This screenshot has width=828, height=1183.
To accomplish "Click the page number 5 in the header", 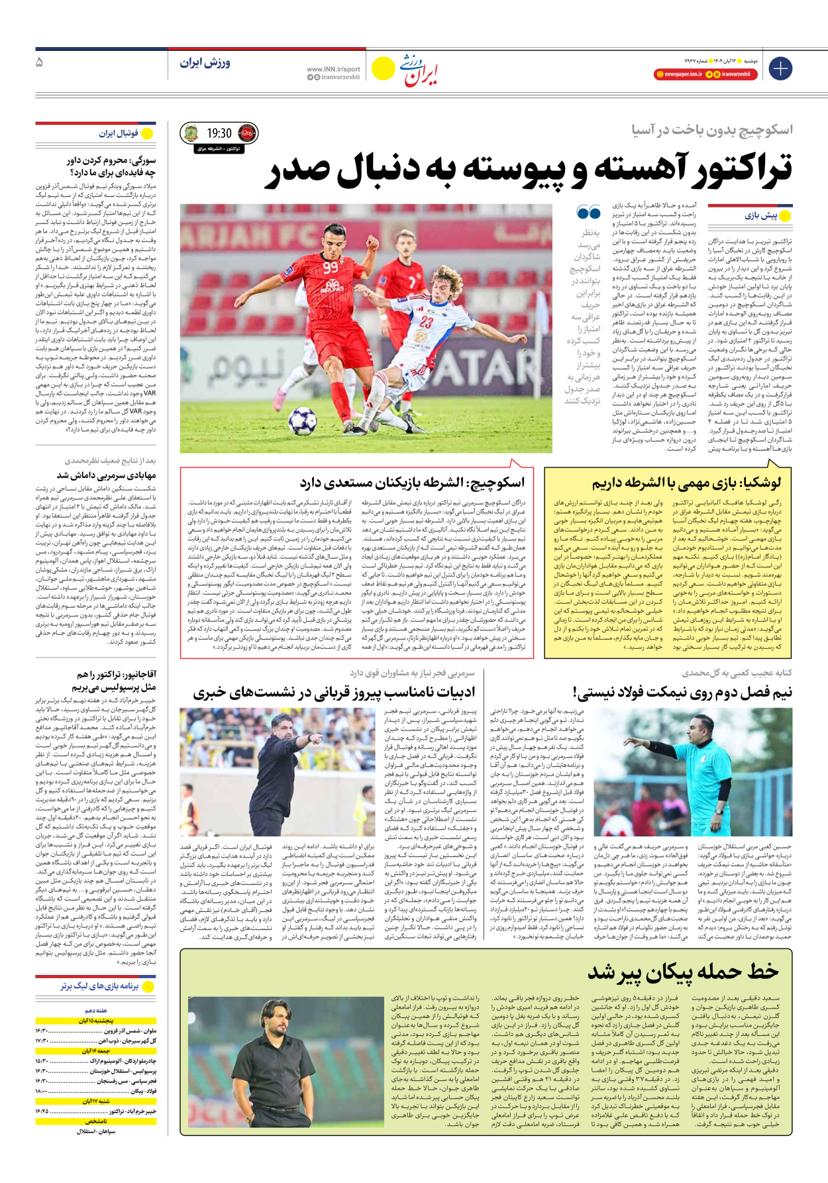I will (x=40, y=62).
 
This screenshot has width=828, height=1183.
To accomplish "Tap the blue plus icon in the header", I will (x=781, y=68).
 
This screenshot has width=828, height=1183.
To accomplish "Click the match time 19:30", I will (x=219, y=134).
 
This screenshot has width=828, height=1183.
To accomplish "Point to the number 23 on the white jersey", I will (x=425, y=322).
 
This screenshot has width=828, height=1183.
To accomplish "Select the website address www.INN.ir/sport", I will (x=333, y=69).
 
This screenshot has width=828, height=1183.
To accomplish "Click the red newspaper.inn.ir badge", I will (x=678, y=74).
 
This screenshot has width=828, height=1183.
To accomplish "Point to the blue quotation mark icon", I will (x=588, y=213).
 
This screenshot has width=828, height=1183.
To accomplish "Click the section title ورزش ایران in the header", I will (x=205, y=63).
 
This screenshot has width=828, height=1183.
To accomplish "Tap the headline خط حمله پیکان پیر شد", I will (x=683, y=972).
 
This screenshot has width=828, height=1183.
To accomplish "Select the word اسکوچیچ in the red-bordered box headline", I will (x=495, y=482).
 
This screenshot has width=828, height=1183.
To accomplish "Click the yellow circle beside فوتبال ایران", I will (x=147, y=134).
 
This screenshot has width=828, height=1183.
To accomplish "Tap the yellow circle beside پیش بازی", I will (x=785, y=216).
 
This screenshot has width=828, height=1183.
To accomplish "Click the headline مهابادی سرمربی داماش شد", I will (x=106, y=475).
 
